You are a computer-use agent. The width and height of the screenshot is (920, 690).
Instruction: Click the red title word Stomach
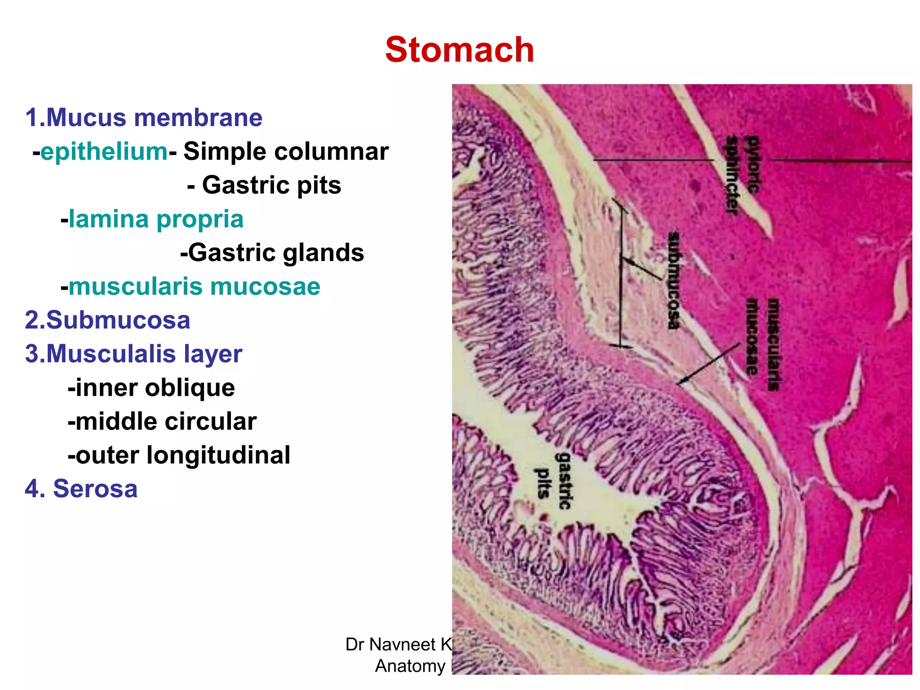460,50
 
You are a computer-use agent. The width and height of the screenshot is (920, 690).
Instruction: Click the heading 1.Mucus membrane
144,118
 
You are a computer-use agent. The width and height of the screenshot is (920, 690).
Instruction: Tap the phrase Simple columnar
286,151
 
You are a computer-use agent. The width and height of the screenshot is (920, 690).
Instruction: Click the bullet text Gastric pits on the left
271,185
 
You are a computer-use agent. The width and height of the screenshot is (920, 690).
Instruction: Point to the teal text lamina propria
156,219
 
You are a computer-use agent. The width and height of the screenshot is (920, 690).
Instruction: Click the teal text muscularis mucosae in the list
194,287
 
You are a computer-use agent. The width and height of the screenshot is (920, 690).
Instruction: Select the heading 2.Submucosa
108,320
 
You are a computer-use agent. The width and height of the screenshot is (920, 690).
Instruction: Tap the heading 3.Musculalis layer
134,354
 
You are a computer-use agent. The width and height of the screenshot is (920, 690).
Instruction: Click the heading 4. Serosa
81,489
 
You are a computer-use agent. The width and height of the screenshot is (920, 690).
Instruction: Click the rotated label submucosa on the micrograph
674,280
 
